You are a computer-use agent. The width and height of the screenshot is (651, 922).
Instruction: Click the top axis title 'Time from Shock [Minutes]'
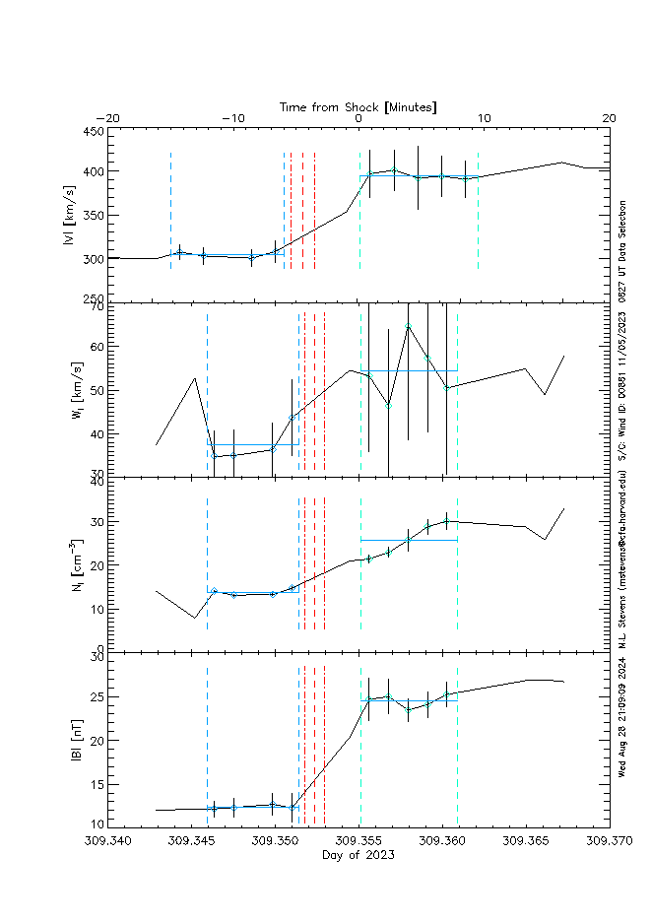tap(358, 105)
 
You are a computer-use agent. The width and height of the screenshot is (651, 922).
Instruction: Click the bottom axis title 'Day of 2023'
tap(358, 854)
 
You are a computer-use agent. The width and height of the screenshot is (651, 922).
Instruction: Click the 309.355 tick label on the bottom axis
tap(358, 841)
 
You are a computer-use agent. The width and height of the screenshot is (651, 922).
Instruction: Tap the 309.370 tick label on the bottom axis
tap(608, 841)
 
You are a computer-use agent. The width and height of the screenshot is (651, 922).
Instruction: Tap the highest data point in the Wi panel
tap(408, 325)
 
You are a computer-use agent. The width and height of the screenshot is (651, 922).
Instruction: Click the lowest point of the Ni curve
tap(194, 618)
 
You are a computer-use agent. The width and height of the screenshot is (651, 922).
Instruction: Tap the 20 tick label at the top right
tap(608, 118)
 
